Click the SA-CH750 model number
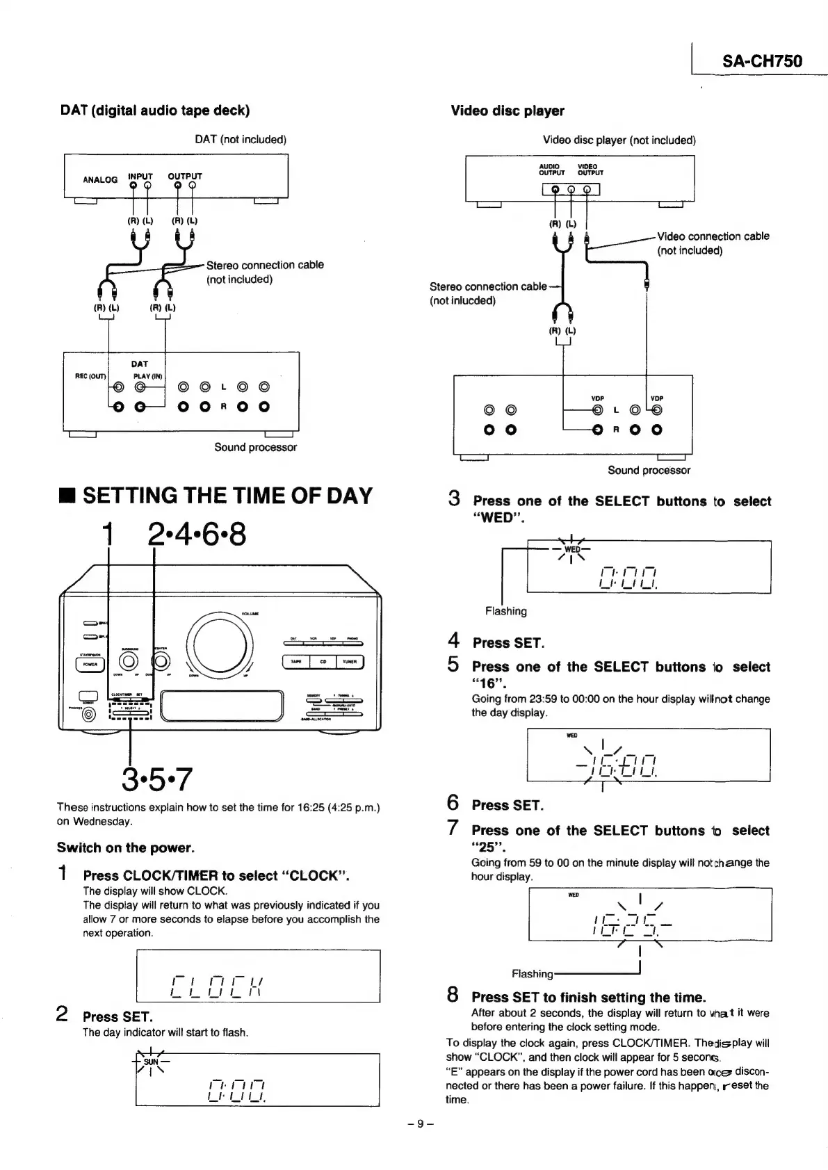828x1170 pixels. click(762, 60)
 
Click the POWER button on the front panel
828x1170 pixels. click(90, 663)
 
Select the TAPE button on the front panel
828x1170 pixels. click(296, 662)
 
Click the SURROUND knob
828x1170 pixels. click(129, 660)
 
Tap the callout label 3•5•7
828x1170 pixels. click(156, 779)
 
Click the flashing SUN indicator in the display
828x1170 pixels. click(151, 1062)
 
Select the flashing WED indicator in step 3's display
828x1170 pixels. click(571, 549)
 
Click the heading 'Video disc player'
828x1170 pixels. click(508, 111)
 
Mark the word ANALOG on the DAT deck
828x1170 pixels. click(100, 179)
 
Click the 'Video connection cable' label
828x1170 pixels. click(713, 236)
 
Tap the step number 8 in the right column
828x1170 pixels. click(453, 995)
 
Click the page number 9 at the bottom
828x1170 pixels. click(420, 1123)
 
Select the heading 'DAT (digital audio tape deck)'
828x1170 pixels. click(155, 111)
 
